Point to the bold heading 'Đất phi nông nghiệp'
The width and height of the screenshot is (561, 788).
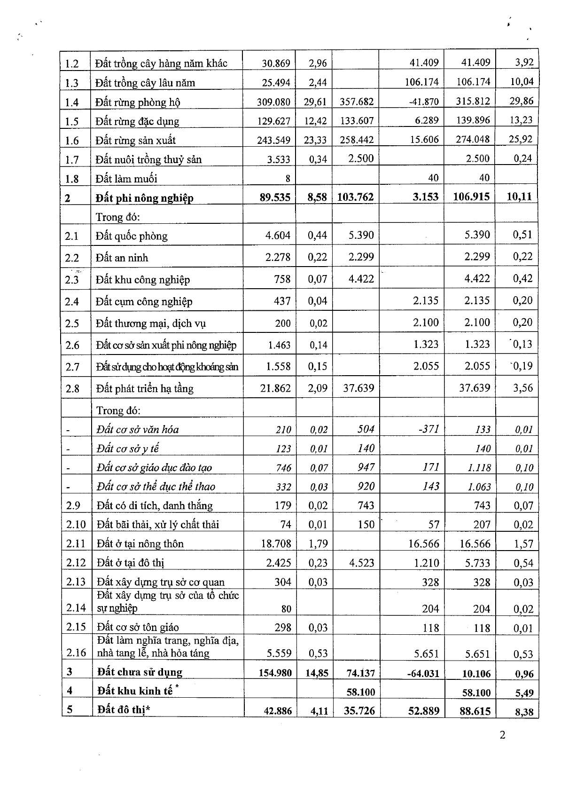(x=144, y=198)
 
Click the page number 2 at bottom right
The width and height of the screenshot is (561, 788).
(x=502, y=735)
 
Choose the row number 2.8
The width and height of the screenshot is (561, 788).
(x=72, y=388)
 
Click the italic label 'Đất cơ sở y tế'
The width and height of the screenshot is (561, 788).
(x=127, y=449)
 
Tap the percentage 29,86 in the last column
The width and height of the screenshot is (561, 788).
(x=522, y=101)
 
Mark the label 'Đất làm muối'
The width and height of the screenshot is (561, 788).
(x=126, y=179)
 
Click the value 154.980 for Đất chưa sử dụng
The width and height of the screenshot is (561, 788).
(x=275, y=673)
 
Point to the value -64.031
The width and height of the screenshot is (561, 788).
(x=422, y=673)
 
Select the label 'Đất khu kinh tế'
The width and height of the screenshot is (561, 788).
(x=135, y=691)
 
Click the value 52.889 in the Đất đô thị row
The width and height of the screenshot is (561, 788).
(x=424, y=710)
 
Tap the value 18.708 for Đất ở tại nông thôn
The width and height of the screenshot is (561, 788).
(x=276, y=544)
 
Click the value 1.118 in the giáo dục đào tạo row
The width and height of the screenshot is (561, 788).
(x=479, y=467)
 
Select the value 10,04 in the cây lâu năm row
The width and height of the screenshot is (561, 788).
(x=522, y=82)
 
